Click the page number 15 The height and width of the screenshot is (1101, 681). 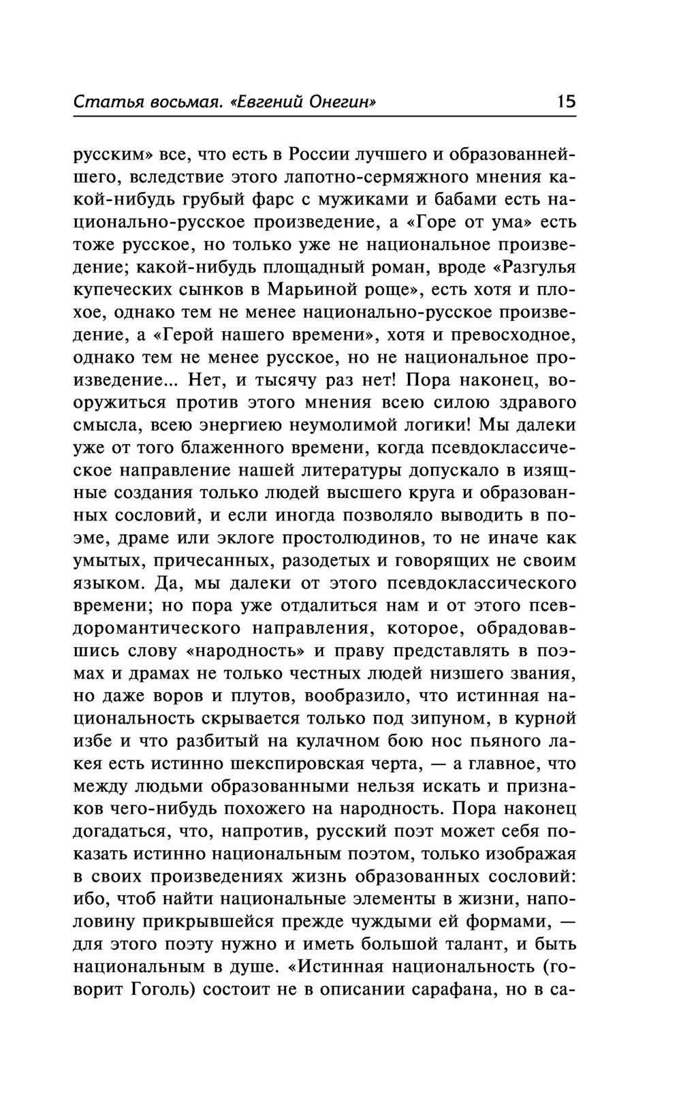tap(565, 102)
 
